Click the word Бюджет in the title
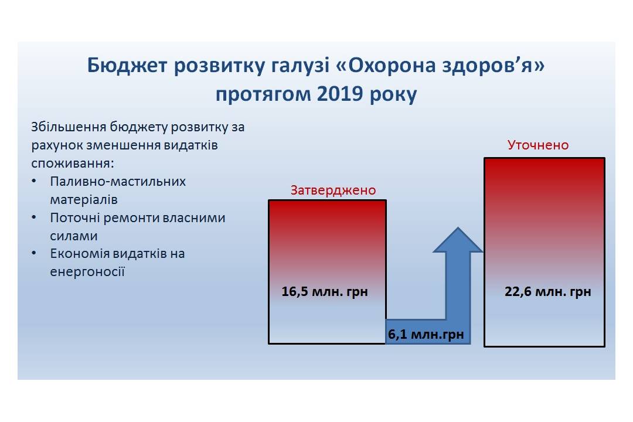point(127,66)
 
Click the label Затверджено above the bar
point(333,190)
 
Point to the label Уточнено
point(537,145)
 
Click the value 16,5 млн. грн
point(325,291)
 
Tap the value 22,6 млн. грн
point(547,291)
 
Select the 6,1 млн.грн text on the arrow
point(426,334)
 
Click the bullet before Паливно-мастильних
point(34,181)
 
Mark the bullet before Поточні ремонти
point(34,217)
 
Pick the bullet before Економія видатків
point(34,253)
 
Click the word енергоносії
point(87,272)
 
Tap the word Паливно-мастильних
point(118,181)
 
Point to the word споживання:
point(73,164)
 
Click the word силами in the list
point(74,236)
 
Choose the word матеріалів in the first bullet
point(84,199)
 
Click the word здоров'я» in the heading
point(493,66)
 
